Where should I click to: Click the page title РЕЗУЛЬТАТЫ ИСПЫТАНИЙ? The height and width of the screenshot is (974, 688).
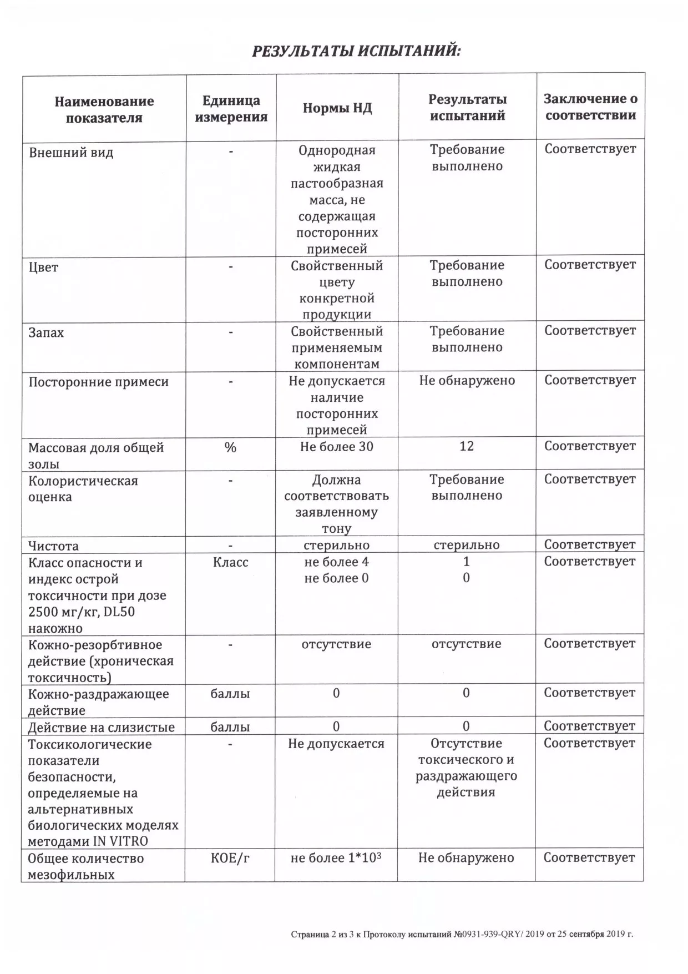[x=356, y=52]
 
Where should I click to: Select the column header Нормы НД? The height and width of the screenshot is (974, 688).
[x=337, y=108]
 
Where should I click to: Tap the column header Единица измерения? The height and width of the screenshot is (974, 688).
[x=231, y=109]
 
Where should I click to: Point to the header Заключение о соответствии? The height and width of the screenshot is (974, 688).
[x=590, y=107]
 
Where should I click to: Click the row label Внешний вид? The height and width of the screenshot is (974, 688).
[x=71, y=153]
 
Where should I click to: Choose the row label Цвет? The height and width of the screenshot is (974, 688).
[x=43, y=268]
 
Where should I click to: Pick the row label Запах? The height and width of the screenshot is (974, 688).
[x=46, y=333]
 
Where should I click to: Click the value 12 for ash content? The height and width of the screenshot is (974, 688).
[x=467, y=446]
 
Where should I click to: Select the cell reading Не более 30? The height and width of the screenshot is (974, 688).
[x=336, y=446]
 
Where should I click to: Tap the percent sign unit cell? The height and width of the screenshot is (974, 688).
[x=230, y=447]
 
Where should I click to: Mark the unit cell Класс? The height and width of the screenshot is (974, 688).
[x=230, y=562]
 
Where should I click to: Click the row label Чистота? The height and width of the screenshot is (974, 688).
[x=53, y=546]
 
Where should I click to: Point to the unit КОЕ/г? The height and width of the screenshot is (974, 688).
[x=230, y=858]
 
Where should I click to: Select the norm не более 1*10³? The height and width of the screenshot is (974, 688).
[x=336, y=858]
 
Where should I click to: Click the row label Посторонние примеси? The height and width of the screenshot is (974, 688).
[x=98, y=382]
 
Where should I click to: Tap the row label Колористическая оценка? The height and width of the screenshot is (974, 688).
[x=83, y=489]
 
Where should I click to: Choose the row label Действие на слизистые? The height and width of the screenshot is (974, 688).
[x=101, y=727]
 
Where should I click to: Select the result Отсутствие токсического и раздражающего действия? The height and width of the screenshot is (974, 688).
[x=466, y=768]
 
